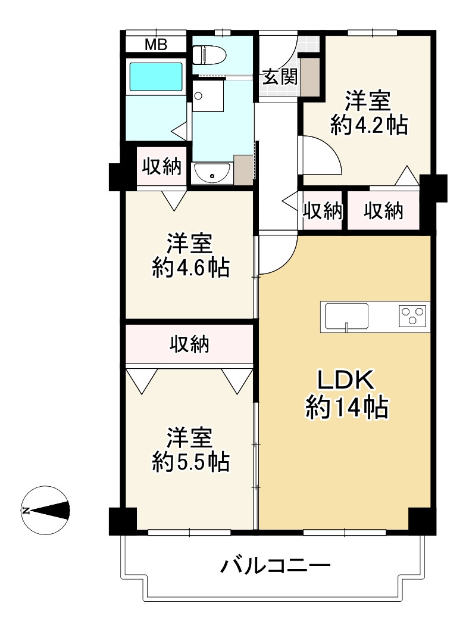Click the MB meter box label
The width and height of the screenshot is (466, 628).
click(155, 45)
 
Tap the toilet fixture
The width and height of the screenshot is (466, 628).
click(209, 55)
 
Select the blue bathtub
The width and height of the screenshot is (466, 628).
click(157, 76)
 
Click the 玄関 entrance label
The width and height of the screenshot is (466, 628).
click(280, 76)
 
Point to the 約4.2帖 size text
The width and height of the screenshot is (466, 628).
click(369, 125)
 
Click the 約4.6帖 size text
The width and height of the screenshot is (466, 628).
click(191, 268)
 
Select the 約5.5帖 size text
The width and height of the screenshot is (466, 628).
click(191, 462)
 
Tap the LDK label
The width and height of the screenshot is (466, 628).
click(346, 380)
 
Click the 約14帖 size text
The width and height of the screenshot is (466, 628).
click(347, 408)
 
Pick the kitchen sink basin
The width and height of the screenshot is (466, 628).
click(346, 316)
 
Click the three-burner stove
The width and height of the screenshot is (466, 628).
click(412, 315)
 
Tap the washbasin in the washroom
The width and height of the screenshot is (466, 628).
click(212, 173)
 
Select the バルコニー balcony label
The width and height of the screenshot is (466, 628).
click(276, 566)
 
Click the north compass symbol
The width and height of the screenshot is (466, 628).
click(45, 511)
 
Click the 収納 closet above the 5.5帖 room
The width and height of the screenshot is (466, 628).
click(190, 344)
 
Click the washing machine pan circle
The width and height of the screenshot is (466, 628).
click(199, 96)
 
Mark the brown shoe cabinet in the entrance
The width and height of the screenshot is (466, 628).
click(310, 76)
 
